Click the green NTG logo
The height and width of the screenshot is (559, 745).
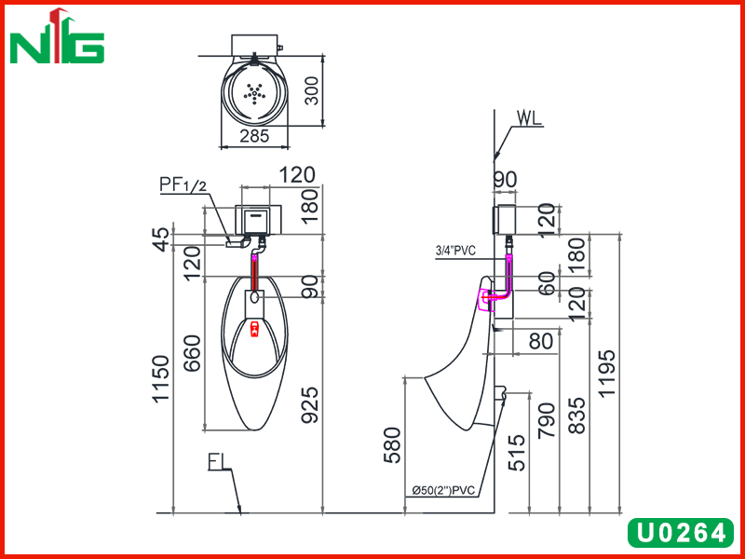[57, 36]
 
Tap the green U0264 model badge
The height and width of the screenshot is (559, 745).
[681, 532]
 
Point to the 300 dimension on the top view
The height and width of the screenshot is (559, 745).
[311, 90]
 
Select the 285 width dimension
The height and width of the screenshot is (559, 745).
[254, 136]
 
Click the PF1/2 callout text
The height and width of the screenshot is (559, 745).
[183, 184]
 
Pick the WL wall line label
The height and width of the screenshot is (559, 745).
[529, 118]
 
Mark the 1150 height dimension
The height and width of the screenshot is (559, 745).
[160, 379]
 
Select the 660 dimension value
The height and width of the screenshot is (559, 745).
[193, 353]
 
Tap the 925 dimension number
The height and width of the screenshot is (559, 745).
[310, 405]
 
